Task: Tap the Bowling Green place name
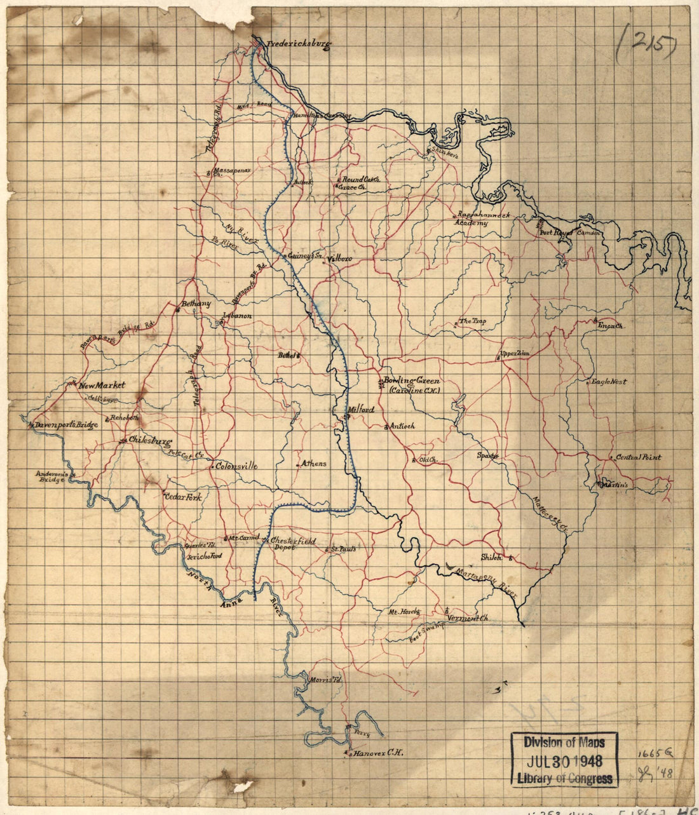click(x=411, y=381)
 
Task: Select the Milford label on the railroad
click(x=361, y=410)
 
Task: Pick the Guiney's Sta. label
click(x=306, y=256)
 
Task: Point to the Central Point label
click(x=638, y=457)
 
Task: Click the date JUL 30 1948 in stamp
click(x=563, y=761)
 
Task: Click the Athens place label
click(x=313, y=464)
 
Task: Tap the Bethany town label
click(x=196, y=304)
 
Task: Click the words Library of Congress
click(x=564, y=779)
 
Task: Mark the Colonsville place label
click(x=236, y=466)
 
